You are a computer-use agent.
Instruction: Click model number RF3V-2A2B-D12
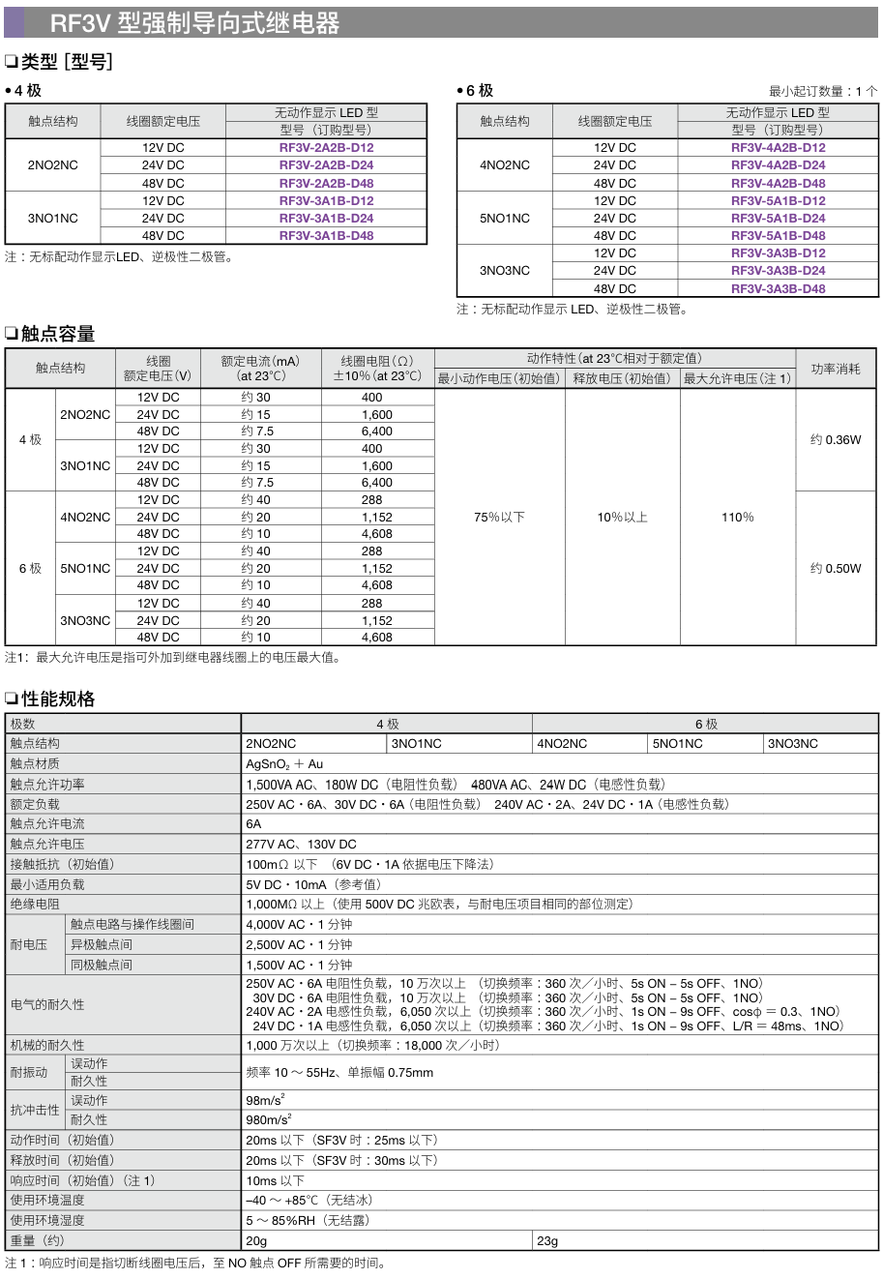tap(326, 148)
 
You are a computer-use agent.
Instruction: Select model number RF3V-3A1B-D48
tap(326, 236)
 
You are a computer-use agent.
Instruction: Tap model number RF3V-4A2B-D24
tap(778, 165)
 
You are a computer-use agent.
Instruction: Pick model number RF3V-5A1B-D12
tap(778, 201)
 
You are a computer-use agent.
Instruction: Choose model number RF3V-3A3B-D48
tap(778, 288)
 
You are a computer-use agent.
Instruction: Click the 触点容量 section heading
tap(58, 335)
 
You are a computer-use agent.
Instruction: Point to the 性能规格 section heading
tap(58, 699)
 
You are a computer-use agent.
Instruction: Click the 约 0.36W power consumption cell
tap(836, 440)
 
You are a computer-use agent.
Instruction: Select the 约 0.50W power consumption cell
tap(836, 569)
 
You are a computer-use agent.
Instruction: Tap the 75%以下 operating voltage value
tap(499, 518)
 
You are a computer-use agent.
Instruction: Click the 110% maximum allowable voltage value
tap(737, 518)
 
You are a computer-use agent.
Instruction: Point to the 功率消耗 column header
tap(836, 369)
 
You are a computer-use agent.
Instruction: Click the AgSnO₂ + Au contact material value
tap(284, 764)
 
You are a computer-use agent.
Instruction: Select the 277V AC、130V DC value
tap(301, 845)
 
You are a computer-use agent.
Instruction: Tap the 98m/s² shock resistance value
tap(265, 1100)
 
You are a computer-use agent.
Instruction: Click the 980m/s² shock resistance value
tap(268, 1120)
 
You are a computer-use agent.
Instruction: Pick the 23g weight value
tap(547, 1241)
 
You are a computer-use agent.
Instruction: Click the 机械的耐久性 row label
tap(47, 1046)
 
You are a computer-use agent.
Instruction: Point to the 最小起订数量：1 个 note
tap(823, 91)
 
